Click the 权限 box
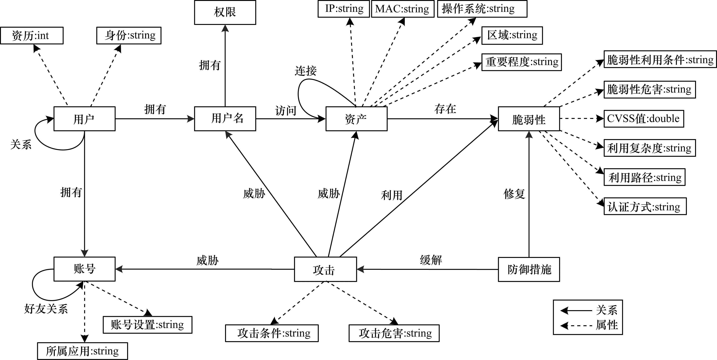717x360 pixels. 225,12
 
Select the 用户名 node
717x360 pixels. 225,119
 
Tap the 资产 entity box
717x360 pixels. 356,119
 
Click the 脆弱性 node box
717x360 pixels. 529,119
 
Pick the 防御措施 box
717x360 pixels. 529,269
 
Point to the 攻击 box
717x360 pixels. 325,269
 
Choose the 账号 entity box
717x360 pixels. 84,269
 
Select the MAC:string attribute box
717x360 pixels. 403,9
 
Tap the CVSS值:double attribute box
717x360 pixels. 644,119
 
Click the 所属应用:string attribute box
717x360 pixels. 82,351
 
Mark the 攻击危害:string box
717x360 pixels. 394,333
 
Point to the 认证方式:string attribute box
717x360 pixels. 645,206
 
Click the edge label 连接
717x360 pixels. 306,71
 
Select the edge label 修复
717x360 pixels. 514,194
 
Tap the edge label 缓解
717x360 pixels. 431,260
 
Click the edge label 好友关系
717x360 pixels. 46,309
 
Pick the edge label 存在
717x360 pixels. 445,109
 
